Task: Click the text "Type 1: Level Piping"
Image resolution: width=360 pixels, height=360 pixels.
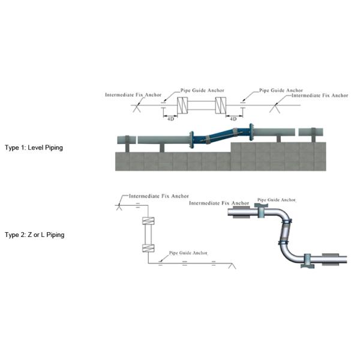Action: (34, 147)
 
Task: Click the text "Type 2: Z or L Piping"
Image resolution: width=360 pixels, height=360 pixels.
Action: (34, 235)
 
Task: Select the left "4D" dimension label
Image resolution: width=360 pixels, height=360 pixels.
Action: (170, 119)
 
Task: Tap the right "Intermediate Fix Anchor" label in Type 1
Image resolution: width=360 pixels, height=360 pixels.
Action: (319, 95)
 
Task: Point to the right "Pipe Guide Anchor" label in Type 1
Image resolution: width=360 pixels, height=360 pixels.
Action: (281, 91)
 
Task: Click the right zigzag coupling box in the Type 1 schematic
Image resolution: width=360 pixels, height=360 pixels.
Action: (220, 106)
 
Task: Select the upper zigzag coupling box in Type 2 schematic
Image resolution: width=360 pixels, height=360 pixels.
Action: (147, 221)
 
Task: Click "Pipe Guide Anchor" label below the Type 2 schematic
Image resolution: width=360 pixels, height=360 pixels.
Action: (188, 253)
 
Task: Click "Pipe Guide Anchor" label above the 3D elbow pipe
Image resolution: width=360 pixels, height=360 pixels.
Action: (277, 199)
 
